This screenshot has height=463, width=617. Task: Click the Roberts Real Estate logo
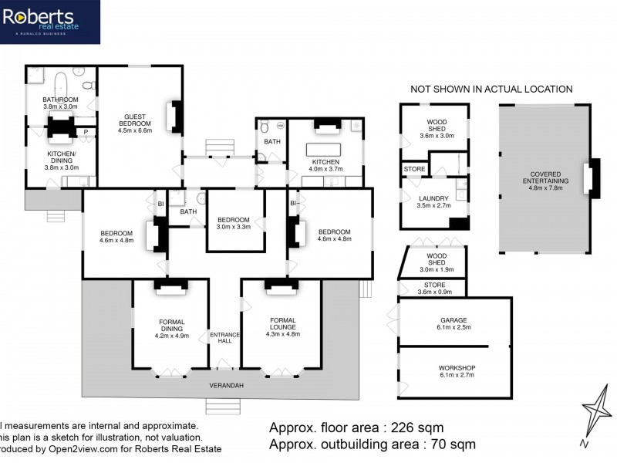coord(49,22)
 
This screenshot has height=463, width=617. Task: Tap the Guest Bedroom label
coord(134,123)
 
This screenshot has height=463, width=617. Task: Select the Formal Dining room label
coord(171,327)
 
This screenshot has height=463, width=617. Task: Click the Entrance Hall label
coord(225,337)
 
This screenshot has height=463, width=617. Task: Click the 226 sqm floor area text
coord(356,428)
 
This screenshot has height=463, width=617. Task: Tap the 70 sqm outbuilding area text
coord(372,444)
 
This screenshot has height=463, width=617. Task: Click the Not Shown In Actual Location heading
coord(491,90)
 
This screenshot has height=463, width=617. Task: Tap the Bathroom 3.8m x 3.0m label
coord(60,103)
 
